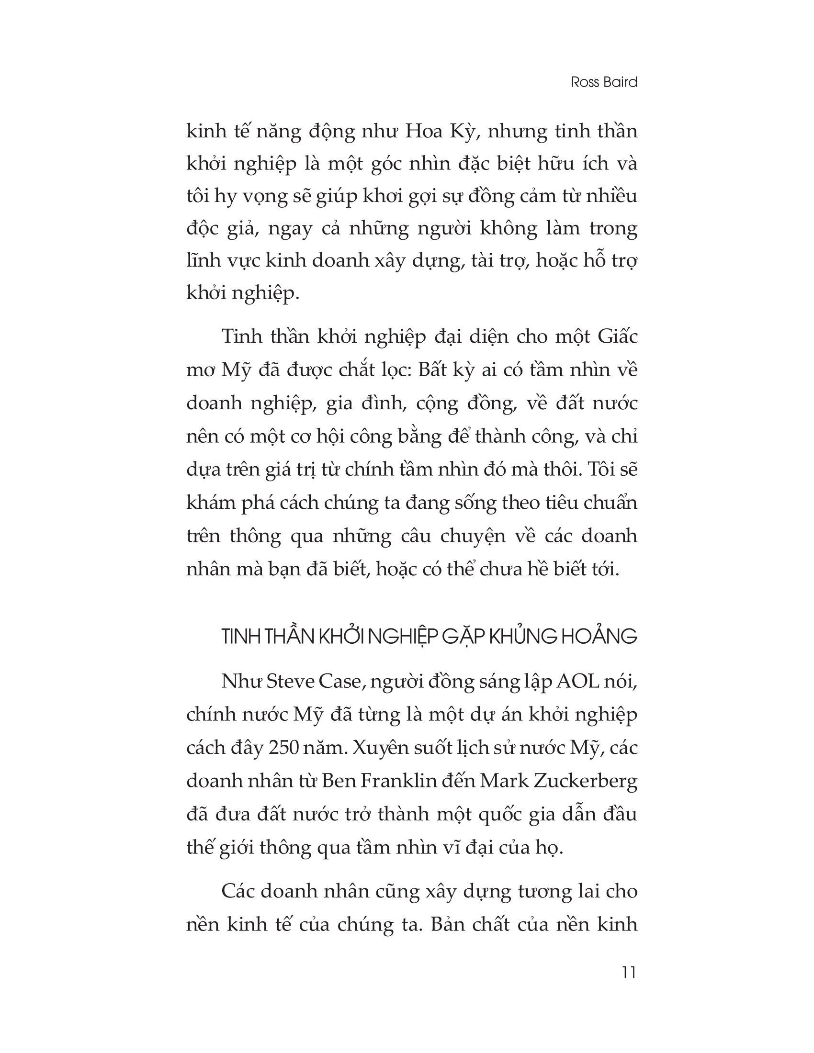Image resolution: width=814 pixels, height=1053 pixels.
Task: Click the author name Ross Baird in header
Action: tap(604, 82)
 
